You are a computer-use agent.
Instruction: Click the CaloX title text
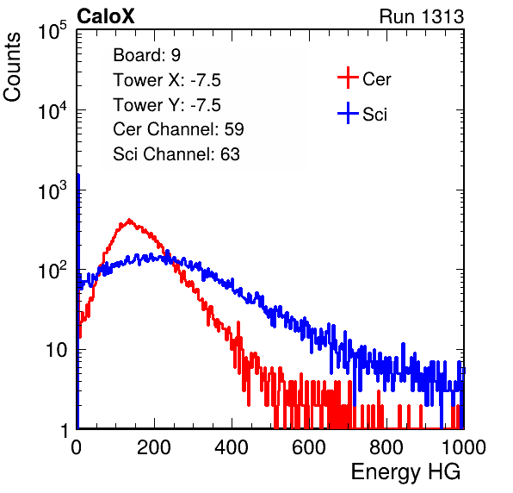[x=105, y=16]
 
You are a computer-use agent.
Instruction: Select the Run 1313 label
[x=422, y=16]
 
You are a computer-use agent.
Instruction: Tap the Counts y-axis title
[x=12, y=67]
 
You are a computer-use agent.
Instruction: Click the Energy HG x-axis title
[x=405, y=472]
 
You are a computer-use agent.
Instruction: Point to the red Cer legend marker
[x=348, y=78]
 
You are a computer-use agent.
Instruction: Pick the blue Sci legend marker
[x=348, y=113]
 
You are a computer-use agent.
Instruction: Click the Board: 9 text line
[x=146, y=55]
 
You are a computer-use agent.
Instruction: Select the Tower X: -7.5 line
[x=167, y=80]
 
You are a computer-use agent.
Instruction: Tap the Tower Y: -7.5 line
[x=167, y=105]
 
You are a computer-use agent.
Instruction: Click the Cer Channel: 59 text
[x=178, y=129]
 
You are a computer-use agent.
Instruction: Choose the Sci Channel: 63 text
[x=176, y=154]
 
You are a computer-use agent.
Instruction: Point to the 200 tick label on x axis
[x=154, y=448]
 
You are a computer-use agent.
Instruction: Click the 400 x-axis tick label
[x=232, y=448]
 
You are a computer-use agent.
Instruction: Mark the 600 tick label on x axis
[x=309, y=448]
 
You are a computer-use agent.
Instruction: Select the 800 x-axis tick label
[x=386, y=448]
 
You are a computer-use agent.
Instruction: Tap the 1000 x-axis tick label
[x=464, y=448]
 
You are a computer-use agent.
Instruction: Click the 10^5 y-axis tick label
[x=53, y=31]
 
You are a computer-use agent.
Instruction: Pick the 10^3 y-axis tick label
[x=53, y=190]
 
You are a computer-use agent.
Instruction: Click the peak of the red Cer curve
[x=129, y=220]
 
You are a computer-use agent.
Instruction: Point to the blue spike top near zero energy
[x=78, y=175]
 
